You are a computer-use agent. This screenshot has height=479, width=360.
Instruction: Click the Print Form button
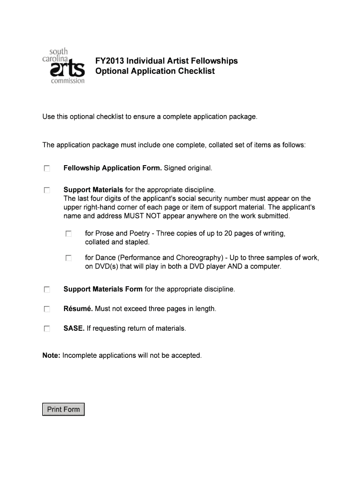[x=64, y=409]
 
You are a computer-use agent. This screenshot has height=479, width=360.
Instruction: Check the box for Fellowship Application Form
[x=46, y=168]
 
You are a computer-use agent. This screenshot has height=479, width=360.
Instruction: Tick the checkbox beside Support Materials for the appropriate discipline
[x=46, y=190]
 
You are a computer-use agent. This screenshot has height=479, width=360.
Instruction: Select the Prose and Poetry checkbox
[x=68, y=233]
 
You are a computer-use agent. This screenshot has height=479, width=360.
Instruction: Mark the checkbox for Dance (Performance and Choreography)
[x=68, y=258]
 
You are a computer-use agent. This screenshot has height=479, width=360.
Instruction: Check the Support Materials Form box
[x=46, y=290]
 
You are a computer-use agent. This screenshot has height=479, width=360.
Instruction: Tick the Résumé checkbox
[x=46, y=309]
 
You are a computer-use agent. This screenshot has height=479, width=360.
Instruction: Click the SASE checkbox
[x=46, y=329]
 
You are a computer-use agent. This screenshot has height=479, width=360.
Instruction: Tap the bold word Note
[x=51, y=356]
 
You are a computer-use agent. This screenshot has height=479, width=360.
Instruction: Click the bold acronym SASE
[x=74, y=328]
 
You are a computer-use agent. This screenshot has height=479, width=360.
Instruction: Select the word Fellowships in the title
[x=216, y=61]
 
